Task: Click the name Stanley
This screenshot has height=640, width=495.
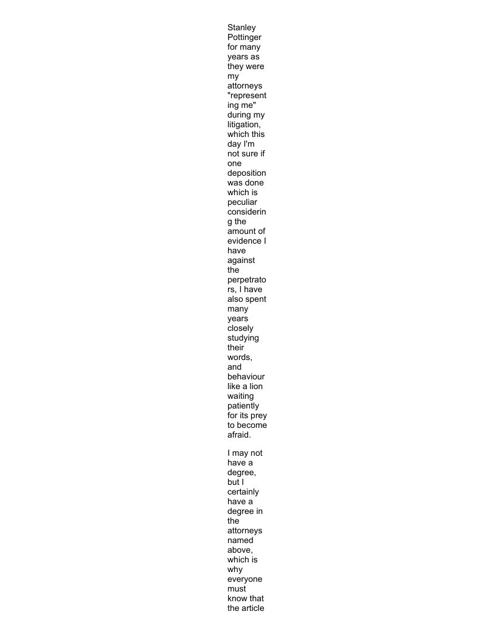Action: pyautogui.click(x=241, y=28)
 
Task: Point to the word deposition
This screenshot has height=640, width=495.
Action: pyautogui.click(x=246, y=173)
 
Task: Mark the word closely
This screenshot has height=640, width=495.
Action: pyautogui.click(x=240, y=328)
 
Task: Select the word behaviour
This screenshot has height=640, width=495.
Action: pyautogui.click(x=246, y=377)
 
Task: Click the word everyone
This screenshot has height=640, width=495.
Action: pyautogui.click(x=245, y=579)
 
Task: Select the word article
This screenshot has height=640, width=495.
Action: pyautogui.click(x=254, y=608)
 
